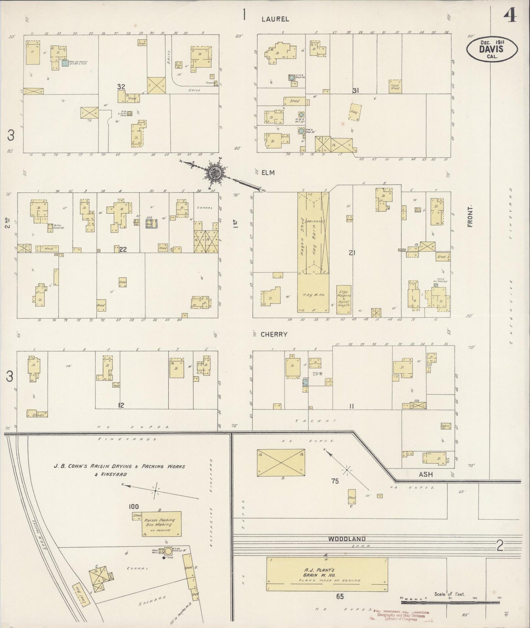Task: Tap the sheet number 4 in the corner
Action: [x=510, y=15]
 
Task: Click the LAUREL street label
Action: [x=275, y=19]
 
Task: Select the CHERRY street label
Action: [x=274, y=334]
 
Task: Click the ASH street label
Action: [x=425, y=474]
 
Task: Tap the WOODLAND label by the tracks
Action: [x=347, y=539]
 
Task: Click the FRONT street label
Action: [x=470, y=217]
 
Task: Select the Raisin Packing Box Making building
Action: [x=162, y=524]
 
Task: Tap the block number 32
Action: [x=121, y=87]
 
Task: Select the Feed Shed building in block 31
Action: [x=395, y=87]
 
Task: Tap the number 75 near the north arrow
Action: [x=335, y=481]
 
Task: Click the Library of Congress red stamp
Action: [x=401, y=614]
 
